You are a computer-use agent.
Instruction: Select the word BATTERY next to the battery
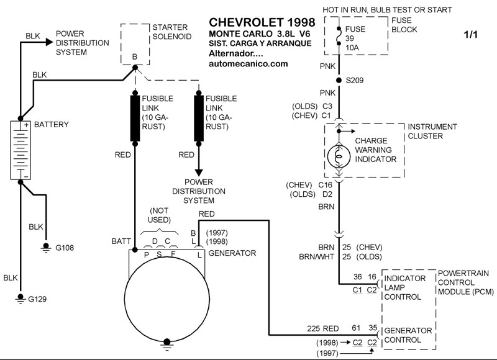point(52,125)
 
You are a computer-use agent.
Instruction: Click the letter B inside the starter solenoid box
point(134,56)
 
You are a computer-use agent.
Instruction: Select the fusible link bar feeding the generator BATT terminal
point(135,117)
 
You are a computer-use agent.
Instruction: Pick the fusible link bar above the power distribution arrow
point(199,117)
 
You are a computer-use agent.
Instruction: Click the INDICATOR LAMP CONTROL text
point(404,287)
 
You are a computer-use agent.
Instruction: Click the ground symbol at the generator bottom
point(166,341)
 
